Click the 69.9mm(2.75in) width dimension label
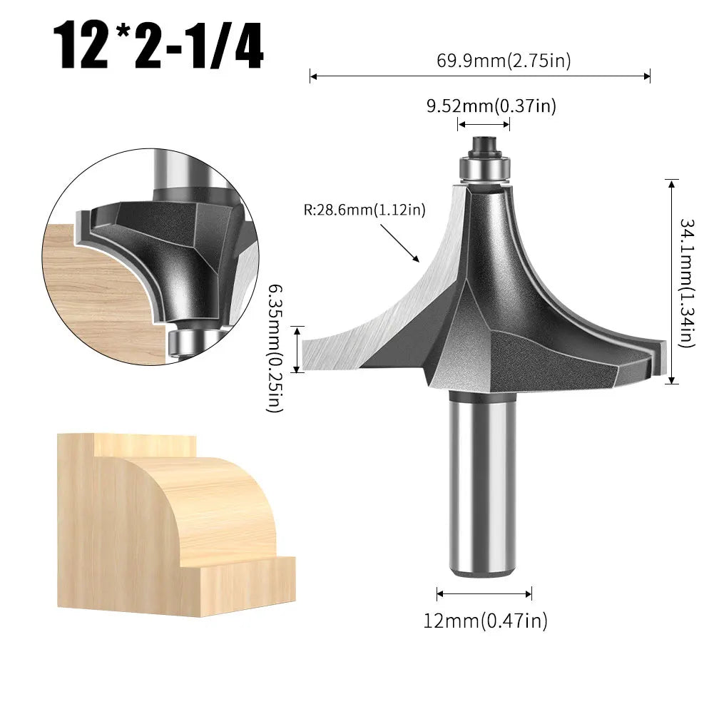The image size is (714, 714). (x=504, y=61)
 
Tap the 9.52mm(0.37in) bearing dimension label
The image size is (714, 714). (x=491, y=106)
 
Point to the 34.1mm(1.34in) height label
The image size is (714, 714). (x=687, y=282)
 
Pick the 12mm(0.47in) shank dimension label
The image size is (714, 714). (x=485, y=621)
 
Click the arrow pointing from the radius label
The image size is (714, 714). (x=400, y=243)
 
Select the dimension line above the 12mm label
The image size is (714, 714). (x=484, y=593)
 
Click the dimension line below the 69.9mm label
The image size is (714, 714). (x=479, y=76)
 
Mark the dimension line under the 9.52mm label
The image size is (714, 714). (x=484, y=124)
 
